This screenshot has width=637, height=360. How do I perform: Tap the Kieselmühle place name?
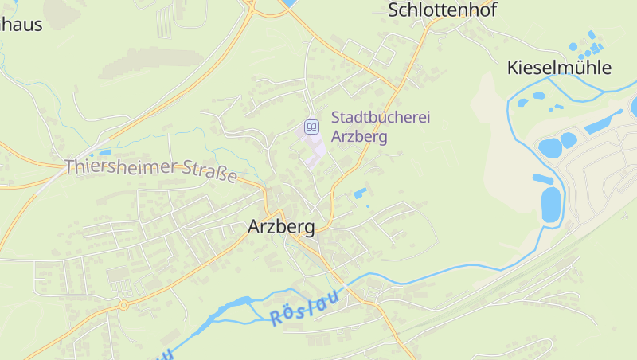point(559,68)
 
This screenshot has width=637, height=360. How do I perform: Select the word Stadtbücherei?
point(381,118)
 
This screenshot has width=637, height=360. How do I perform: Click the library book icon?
point(312,127)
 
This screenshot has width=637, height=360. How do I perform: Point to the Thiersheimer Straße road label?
point(151,170)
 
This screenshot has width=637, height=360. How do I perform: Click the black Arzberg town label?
point(281,226)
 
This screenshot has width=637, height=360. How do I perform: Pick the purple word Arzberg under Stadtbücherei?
point(359,136)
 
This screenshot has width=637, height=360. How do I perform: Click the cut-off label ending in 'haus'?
point(21,24)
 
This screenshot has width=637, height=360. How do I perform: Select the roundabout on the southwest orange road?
point(123,304)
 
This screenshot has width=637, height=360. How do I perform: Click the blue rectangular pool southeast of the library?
point(360,193)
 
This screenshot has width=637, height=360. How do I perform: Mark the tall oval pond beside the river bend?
point(551,205)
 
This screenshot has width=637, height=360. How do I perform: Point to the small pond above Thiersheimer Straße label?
point(104,152)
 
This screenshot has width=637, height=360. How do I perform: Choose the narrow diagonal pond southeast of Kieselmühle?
point(602,123)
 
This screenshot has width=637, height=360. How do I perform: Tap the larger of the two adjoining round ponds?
point(549,147)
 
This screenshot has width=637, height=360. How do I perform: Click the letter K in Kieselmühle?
point(514,68)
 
